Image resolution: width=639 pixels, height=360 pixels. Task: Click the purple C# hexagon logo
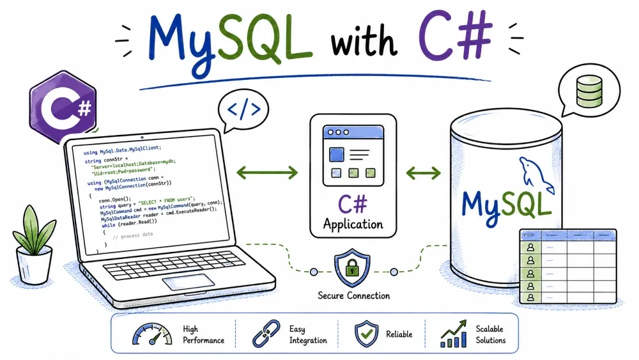(63, 107)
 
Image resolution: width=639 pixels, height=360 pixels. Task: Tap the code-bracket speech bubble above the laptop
(243, 110)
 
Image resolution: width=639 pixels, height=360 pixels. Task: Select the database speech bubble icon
(589, 91)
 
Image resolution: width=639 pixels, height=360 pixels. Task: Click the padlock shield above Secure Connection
(352, 267)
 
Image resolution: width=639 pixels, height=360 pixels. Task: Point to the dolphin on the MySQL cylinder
(535, 176)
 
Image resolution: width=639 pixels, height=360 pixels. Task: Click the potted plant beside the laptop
(35, 245)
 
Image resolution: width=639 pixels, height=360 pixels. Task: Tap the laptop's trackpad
(189, 282)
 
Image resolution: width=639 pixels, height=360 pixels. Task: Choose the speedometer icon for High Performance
(152, 334)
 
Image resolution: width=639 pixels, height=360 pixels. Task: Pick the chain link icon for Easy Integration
(266, 334)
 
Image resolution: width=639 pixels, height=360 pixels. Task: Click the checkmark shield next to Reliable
(366, 334)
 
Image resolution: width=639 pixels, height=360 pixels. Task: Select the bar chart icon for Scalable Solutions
(454, 334)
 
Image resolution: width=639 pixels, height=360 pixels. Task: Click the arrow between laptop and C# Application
(267, 173)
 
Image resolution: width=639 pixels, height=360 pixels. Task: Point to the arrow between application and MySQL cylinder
(424, 173)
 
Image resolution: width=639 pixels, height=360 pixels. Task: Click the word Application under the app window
(353, 224)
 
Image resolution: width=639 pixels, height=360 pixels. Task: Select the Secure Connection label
(354, 295)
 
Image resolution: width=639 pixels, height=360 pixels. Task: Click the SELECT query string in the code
(167, 201)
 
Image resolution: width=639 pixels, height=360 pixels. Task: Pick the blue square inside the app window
(336, 155)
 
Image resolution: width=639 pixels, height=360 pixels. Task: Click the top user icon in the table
(530, 247)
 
